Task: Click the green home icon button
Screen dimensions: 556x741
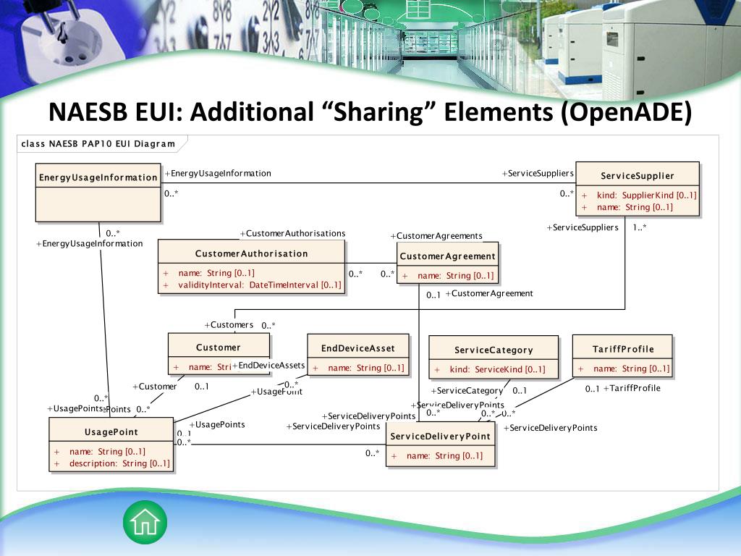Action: [145, 522]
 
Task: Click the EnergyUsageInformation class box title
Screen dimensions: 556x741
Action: [98, 177]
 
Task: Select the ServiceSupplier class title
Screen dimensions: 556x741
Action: [637, 176]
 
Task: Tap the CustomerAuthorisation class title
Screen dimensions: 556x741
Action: [251, 253]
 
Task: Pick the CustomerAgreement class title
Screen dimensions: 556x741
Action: [447, 256]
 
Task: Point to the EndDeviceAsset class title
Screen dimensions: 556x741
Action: [357, 348]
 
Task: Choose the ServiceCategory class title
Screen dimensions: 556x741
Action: [494, 350]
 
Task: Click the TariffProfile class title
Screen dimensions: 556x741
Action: [622, 349]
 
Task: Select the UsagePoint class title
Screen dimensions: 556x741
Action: [111, 432]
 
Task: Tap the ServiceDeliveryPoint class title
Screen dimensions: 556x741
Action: [440, 437]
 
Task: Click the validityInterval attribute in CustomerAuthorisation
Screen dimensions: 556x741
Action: [259, 285]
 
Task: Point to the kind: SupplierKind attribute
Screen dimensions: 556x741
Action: [646, 195]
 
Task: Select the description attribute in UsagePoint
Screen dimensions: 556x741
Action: [119, 463]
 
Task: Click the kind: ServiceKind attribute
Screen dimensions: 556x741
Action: [497, 369]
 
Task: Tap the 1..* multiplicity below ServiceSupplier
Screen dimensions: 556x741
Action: [640, 227]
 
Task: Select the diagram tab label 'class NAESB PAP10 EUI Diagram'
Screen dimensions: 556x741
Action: [98, 143]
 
